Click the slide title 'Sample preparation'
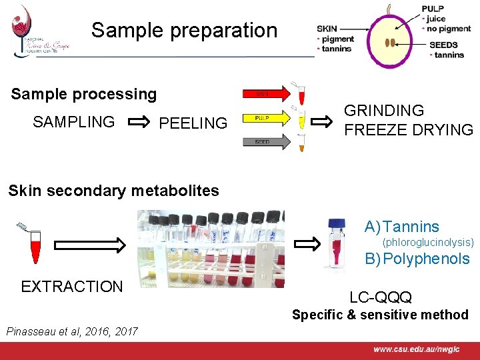tap(184, 30)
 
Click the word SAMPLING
tap(73, 122)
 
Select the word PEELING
tap(193, 123)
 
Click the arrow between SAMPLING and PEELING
tap(139, 122)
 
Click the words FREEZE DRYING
tap(408, 130)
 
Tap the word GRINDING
tap(383, 111)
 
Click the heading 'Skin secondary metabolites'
tap(113, 191)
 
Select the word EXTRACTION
tap(72, 287)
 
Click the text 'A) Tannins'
tap(401, 227)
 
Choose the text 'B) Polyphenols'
tap(417, 259)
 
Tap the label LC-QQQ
tap(381, 297)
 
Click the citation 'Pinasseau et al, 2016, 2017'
tap(71, 331)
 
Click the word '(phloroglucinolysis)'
tap(427, 242)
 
